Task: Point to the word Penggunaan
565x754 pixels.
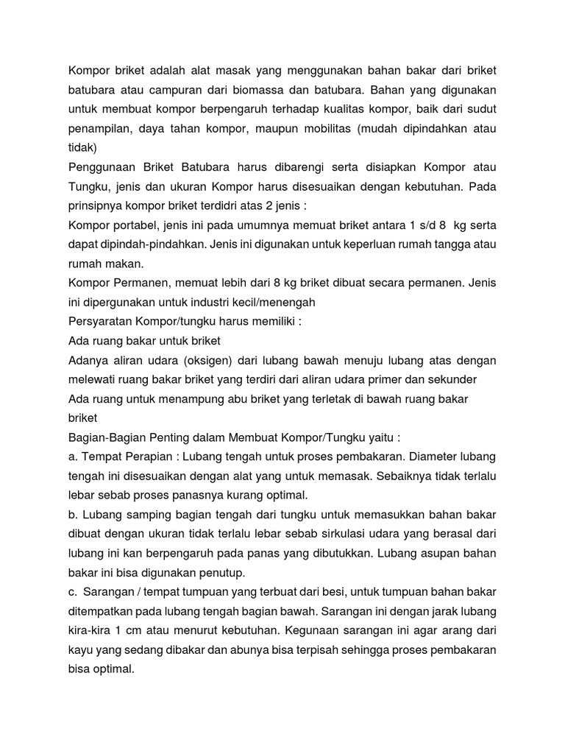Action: [104, 167]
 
